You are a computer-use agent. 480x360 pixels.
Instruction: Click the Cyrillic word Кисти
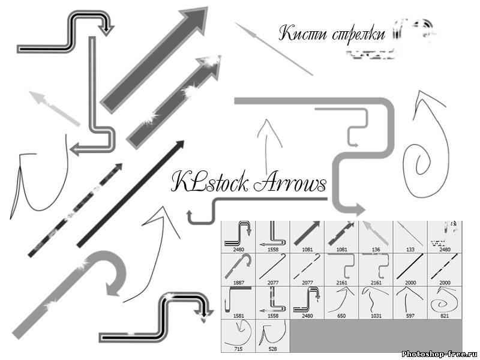coord(303,34)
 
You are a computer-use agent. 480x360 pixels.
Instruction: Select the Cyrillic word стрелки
coord(358,35)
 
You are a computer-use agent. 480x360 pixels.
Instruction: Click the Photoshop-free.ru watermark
coord(439,353)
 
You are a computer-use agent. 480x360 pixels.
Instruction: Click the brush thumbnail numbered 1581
coord(238,299)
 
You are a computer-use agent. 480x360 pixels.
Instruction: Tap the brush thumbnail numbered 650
coord(341,299)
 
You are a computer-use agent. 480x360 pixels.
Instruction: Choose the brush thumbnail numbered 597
coord(410,299)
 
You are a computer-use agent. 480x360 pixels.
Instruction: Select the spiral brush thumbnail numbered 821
coord(445,299)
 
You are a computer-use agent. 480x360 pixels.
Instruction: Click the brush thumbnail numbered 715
coord(238,333)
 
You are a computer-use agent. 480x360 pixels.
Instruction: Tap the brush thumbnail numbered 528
coord(272,333)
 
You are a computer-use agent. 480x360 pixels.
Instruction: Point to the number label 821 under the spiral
coord(445,315)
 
